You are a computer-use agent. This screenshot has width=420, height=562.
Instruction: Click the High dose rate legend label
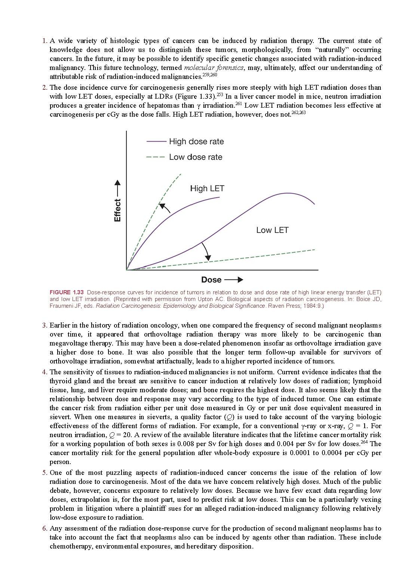tap(196, 142)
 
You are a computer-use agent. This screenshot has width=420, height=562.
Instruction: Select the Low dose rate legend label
tap(195, 157)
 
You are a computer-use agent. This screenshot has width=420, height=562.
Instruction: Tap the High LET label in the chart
tap(207, 188)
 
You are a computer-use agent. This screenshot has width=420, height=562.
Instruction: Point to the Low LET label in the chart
tap(272, 230)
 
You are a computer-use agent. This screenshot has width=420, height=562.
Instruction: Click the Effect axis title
tap(117, 210)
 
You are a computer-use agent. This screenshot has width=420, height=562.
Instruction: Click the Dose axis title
tap(211, 280)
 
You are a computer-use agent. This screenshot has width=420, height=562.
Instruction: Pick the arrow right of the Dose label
tap(234, 280)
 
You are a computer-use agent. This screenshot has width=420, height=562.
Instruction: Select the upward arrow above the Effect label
tap(117, 188)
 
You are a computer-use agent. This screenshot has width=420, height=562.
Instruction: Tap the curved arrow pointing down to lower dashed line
tap(206, 251)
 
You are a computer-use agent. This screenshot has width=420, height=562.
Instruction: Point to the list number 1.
tap(45, 41)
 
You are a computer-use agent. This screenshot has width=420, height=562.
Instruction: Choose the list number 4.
tap(45, 372)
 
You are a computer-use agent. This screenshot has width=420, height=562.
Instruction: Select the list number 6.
tap(45, 528)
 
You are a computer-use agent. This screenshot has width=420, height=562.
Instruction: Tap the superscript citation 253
tap(220, 95)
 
